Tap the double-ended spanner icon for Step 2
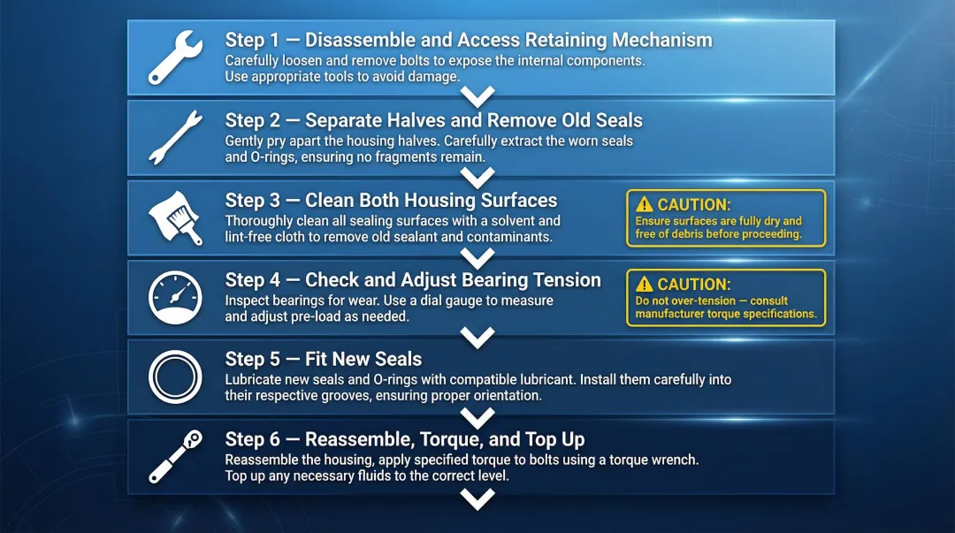coord(176,138)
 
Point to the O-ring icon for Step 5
coord(176,377)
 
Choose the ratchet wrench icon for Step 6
coord(176,457)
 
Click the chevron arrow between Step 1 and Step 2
coord(478,96)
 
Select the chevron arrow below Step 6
coord(478,500)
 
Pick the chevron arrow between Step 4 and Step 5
coord(478,337)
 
